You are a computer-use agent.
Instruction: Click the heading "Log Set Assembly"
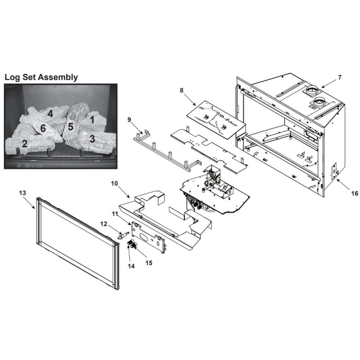41,77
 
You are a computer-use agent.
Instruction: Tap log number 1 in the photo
92,120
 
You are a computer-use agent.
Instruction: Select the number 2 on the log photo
24,144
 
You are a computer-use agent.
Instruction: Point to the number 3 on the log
92,139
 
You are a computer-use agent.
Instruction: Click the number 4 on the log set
50,114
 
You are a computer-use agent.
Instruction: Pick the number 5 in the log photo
70,126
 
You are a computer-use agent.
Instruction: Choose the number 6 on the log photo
43,129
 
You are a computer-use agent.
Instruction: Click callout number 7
339,77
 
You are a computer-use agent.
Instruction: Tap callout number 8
181,90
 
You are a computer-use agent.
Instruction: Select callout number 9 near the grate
129,120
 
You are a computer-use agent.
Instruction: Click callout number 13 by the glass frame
22,193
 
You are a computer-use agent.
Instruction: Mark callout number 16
355,194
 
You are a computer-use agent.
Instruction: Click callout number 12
104,224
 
